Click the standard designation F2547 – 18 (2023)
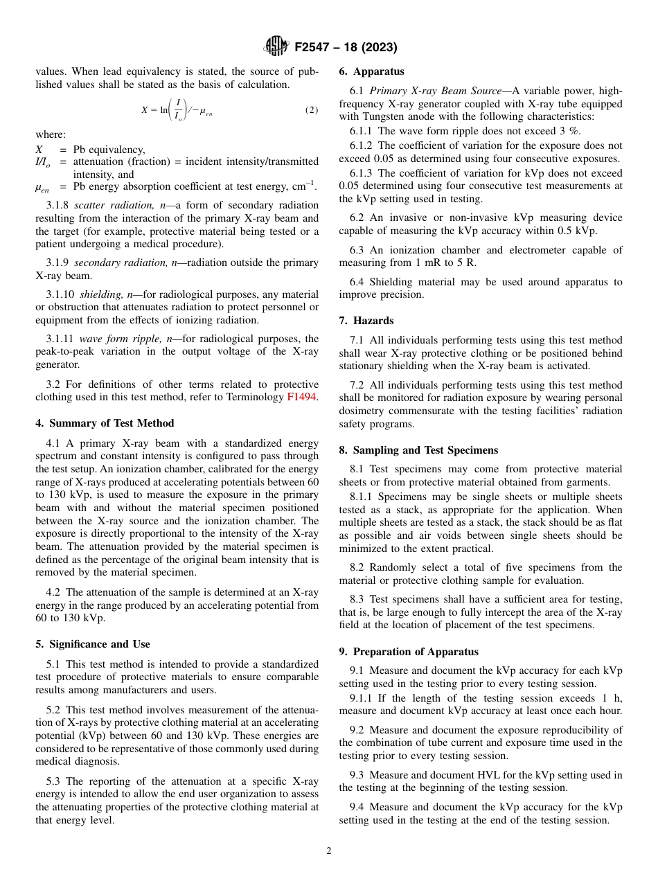[346, 48]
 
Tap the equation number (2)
[312, 110]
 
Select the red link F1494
[301, 398]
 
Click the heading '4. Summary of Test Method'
[105, 423]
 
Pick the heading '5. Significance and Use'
[93, 644]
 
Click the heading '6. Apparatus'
[371, 71]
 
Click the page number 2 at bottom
[329, 851]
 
